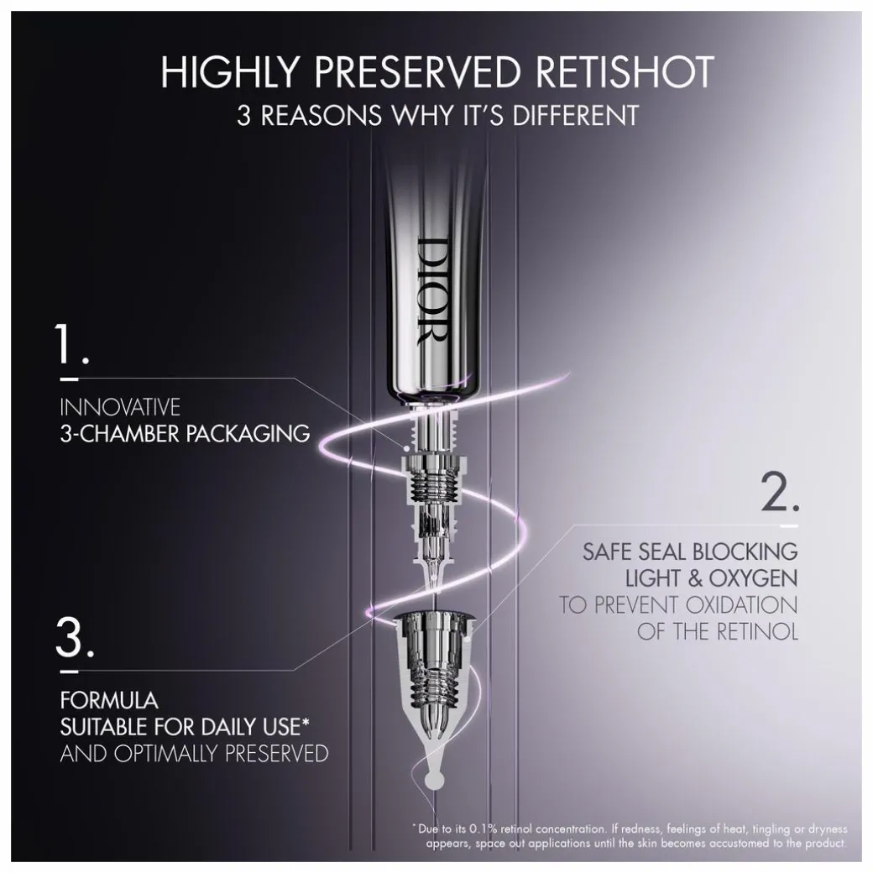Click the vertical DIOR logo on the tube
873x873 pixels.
[x=432, y=292]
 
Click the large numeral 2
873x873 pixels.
[x=780, y=492]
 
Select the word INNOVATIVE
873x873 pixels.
[x=120, y=407]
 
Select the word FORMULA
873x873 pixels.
[x=109, y=700]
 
